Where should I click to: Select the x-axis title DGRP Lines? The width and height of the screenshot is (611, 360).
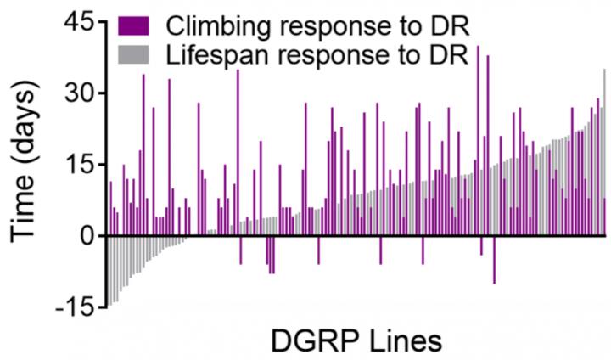[356, 341]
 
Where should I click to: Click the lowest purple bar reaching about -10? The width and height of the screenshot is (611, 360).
[494, 259]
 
